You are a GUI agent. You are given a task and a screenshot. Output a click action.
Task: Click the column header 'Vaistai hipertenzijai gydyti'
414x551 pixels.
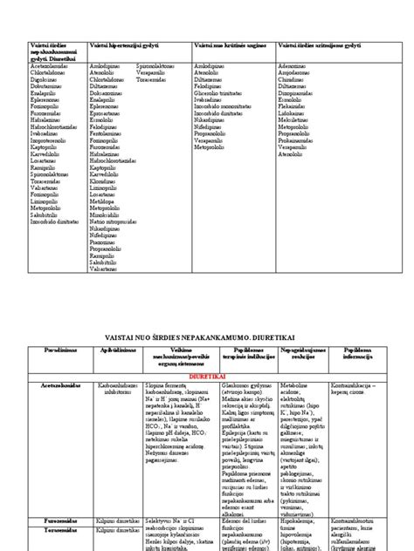tap(130, 44)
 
